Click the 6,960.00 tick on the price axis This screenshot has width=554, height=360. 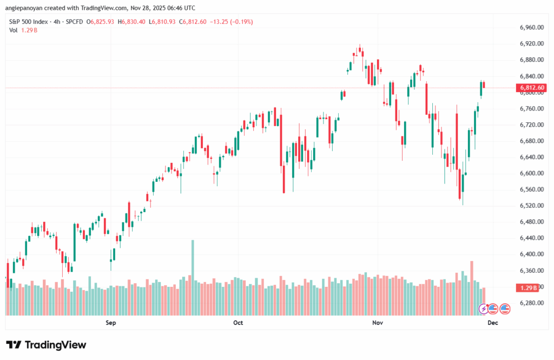tap(531, 28)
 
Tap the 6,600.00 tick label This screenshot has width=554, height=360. tap(531, 173)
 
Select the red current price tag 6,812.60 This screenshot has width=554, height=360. tap(532, 88)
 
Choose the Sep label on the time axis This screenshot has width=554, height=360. tap(111, 323)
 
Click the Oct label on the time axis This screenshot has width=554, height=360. tap(238, 323)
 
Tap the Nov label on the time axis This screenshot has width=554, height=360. tap(378, 323)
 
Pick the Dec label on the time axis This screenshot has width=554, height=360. tap(492, 323)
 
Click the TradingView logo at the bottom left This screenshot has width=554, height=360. tap(46, 345)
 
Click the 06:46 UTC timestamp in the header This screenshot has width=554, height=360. tap(179, 8)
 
